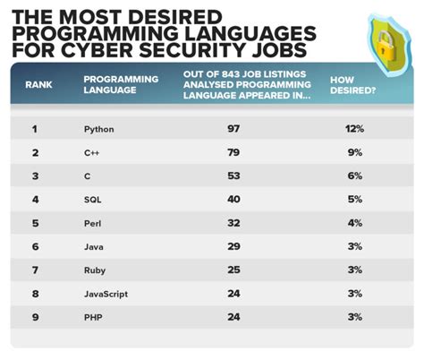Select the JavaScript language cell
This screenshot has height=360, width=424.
pos(105,293)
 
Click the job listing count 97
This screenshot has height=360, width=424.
pos(234,130)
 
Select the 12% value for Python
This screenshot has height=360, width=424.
pos(354,130)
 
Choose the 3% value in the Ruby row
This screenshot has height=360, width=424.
pos(354,270)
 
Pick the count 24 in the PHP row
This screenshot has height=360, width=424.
pos(234,316)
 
